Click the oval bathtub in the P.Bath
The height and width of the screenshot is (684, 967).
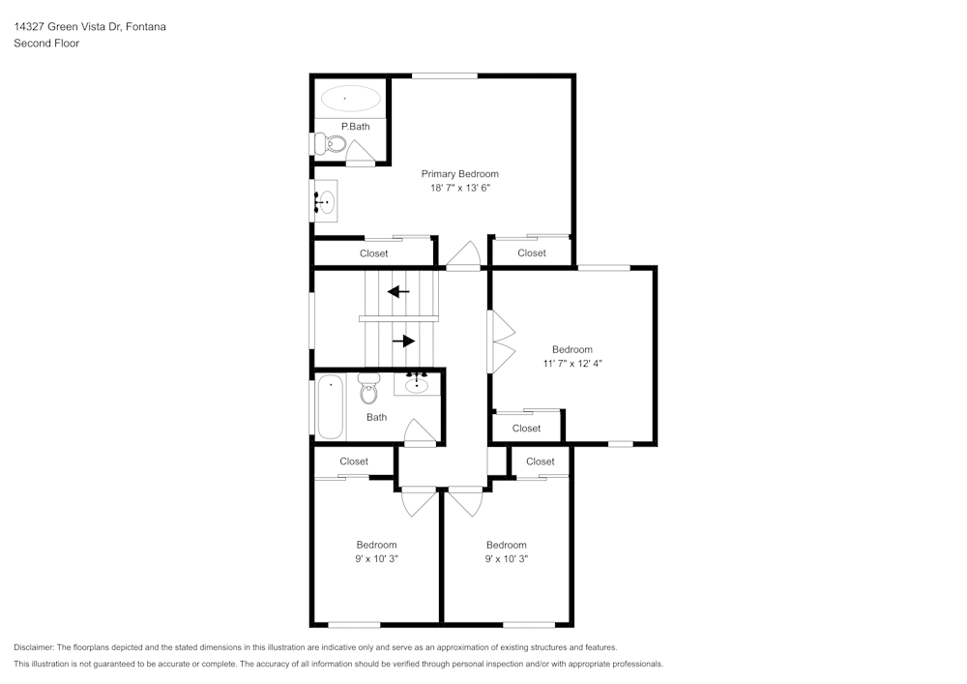[x=350, y=98]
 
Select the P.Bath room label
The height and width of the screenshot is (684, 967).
[x=355, y=127]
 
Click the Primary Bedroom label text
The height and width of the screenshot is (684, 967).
[x=459, y=174]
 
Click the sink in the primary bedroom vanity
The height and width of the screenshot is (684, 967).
[x=326, y=202]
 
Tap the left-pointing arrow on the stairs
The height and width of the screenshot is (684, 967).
[x=397, y=291]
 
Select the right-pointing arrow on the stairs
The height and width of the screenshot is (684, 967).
[x=403, y=341]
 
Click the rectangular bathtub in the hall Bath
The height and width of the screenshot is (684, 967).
[x=330, y=406]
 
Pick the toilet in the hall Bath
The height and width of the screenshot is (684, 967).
[x=368, y=390]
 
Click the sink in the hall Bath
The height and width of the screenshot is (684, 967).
[x=418, y=385]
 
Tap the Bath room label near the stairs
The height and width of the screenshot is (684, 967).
[x=376, y=417]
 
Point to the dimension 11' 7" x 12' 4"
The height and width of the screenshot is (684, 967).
[x=571, y=364]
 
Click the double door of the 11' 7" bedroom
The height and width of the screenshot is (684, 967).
[x=502, y=341]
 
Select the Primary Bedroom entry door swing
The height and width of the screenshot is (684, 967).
[x=463, y=256]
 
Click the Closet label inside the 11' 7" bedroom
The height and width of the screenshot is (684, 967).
[x=526, y=428]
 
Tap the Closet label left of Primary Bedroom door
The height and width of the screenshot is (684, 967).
[x=373, y=253]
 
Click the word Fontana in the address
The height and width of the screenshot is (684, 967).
[x=146, y=27]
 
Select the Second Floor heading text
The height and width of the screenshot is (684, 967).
[x=46, y=44]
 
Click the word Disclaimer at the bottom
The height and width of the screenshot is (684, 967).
[x=34, y=647]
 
